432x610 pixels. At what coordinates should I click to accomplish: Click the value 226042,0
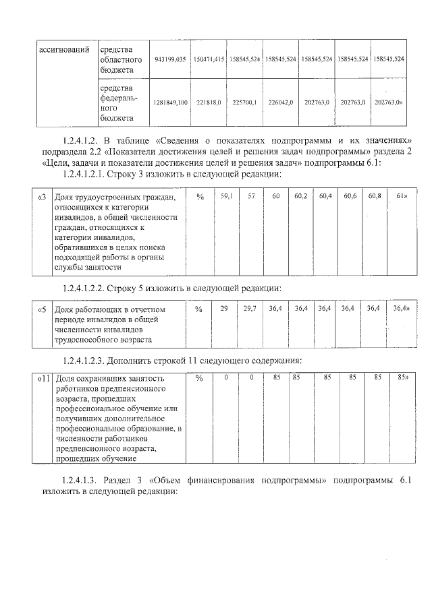(280, 102)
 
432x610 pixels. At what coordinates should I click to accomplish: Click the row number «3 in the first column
(42, 197)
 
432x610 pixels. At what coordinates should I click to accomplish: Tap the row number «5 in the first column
(42, 309)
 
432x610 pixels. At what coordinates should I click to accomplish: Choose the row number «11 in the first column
(44, 379)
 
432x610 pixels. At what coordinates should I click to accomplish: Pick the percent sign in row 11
(199, 379)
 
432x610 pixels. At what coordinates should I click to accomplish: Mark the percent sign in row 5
(199, 309)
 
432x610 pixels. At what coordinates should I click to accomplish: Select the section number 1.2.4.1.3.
(85, 481)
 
